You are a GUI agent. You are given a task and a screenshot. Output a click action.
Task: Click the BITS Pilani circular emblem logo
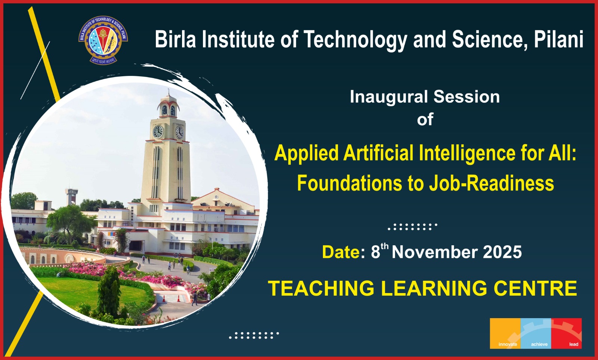coord(103,40)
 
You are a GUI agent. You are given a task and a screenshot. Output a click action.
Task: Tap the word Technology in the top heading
coord(355,40)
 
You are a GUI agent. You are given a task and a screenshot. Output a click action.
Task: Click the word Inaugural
coord(389,97)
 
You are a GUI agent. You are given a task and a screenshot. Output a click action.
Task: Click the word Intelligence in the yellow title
coord(467,154)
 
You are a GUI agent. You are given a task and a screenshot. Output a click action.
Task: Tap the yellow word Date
coord(341,252)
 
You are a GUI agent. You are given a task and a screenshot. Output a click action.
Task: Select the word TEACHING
coord(321,289)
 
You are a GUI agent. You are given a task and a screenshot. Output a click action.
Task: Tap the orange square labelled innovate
coord(505,333)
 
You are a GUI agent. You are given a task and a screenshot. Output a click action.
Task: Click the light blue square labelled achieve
coord(536,333)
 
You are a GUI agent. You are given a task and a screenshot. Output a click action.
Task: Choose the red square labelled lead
coord(567,333)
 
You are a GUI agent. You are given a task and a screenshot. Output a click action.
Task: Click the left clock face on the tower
coord(158,132)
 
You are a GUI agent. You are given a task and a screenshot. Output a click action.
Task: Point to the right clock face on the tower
coord(179,132)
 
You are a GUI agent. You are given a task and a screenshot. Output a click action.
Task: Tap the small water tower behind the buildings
coord(71,196)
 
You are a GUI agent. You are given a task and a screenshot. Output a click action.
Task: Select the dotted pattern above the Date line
coord(413,227)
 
